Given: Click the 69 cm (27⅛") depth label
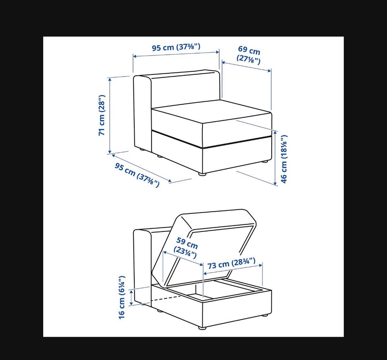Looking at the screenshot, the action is click(249, 55).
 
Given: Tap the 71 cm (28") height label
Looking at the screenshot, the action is click(102, 115).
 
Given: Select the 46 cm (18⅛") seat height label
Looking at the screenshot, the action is click(284, 159).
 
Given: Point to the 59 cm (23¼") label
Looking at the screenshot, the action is click(186, 248).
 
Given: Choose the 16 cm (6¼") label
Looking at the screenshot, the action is click(122, 298).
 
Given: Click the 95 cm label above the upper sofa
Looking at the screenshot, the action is click(176, 47).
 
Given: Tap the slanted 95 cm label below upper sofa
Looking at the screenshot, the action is click(137, 175).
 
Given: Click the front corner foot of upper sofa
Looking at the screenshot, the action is click(202, 174).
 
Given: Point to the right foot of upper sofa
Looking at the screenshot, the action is click(265, 162).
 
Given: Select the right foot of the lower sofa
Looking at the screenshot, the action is click(265, 315).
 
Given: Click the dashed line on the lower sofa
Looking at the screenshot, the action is click(166, 299).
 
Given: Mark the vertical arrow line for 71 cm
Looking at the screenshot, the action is click(110, 116).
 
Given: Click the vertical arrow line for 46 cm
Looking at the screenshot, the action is click(275, 158).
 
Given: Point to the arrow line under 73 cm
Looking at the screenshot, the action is click(233, 269).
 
